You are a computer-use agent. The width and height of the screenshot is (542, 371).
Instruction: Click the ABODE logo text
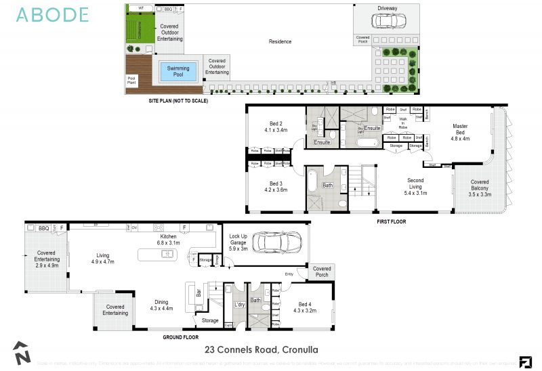(x=52, y=15)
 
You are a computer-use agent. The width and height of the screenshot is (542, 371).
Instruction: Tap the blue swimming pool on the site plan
(x=178, y=71)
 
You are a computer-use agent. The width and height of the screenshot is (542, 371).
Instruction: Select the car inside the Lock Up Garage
(x=276, y=242)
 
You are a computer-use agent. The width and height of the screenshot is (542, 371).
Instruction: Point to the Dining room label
(x=161, y=305)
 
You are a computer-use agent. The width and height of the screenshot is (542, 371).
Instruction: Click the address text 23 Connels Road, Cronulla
(x=261, y=349)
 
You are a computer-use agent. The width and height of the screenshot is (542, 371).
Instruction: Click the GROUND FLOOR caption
(x=182, y=336)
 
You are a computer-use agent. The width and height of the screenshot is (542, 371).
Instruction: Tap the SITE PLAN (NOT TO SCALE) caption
(x=178, y=100)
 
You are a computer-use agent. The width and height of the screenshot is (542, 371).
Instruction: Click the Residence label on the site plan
(x=280, y=42)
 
